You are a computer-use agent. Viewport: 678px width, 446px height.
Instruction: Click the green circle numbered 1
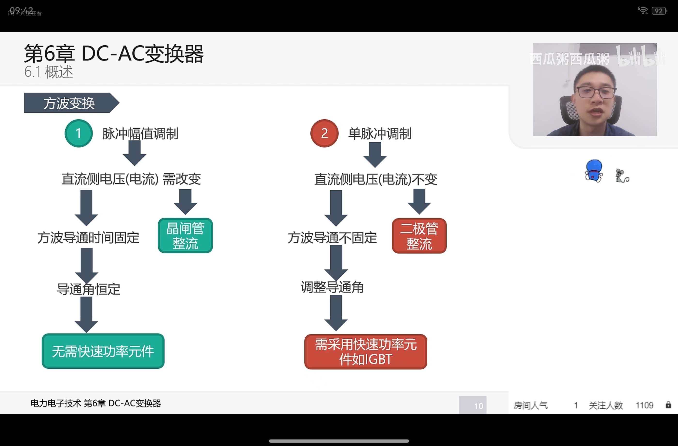coord(79,133)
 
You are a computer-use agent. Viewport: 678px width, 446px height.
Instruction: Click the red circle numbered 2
coord(324,133)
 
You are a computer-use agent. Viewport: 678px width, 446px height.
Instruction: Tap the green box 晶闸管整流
coord(185,236)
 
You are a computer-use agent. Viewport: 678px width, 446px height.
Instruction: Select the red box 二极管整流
coord(419,236)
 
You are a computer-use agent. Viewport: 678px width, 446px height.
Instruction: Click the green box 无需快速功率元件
coord(103,351)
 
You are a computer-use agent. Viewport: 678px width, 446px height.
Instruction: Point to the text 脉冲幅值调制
coord(140,134)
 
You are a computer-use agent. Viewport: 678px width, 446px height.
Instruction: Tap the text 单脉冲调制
coord(380,134)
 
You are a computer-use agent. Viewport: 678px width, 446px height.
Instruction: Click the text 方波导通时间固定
coord(88,238)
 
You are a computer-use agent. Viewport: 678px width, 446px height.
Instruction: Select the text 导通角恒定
coord(88,289)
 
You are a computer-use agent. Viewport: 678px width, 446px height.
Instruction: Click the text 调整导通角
coord(332,287)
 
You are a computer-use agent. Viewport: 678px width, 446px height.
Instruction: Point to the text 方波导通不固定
coord(332,238)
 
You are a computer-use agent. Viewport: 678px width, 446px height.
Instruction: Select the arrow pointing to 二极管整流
coord(419,202)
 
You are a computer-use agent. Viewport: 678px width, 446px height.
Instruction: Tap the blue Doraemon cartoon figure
coord(594,171)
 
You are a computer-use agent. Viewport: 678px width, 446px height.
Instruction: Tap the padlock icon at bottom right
coord(668,405)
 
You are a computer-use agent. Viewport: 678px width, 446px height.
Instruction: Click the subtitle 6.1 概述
coord(49,72)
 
